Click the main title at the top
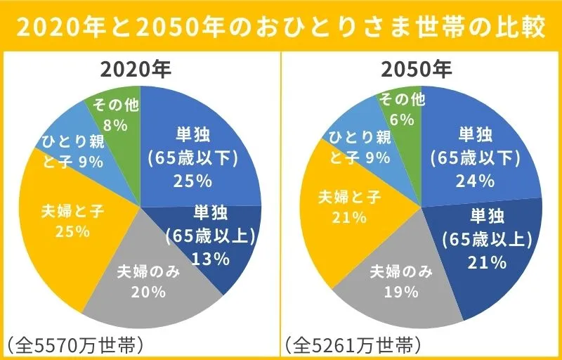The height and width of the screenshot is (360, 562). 281,27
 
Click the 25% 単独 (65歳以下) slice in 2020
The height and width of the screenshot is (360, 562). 191,156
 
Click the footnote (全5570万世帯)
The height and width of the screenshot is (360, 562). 75,345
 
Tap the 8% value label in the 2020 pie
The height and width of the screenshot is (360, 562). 115,125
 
